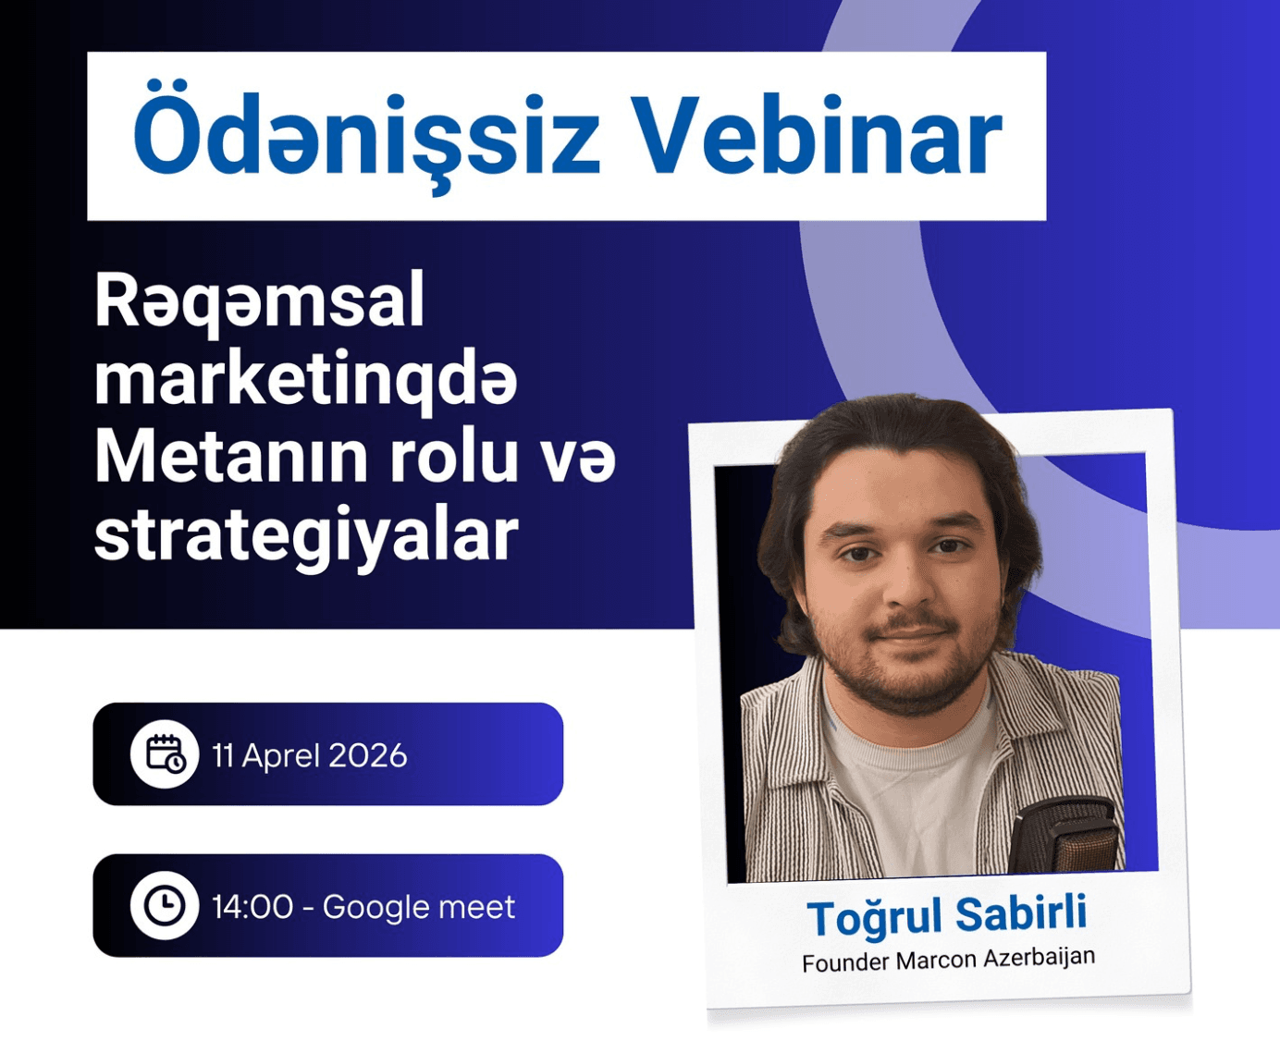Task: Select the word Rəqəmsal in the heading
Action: pos(260,301)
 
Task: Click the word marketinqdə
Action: pos(305,380)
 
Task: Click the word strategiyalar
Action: pos(305,536)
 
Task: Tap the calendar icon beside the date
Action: pos(165,754)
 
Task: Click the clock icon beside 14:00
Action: pos(165,905)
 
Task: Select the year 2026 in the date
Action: pos(367,756)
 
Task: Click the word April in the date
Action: pos(281,757)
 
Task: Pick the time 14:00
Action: pos(252,907)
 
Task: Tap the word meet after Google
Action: pos(476,907)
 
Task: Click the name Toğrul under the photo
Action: pos(875,918)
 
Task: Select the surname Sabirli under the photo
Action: pos(1021,914)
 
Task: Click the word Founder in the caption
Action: pos(844,963)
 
